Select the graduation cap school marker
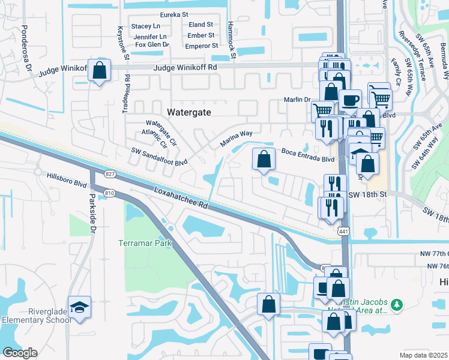(79, 307)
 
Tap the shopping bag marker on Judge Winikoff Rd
(100, 71)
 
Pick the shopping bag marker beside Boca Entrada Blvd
(264, 160)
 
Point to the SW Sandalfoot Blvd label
(160, 156)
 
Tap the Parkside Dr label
(93, 211)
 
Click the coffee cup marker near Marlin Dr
(349, 99)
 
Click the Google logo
(20, 353)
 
